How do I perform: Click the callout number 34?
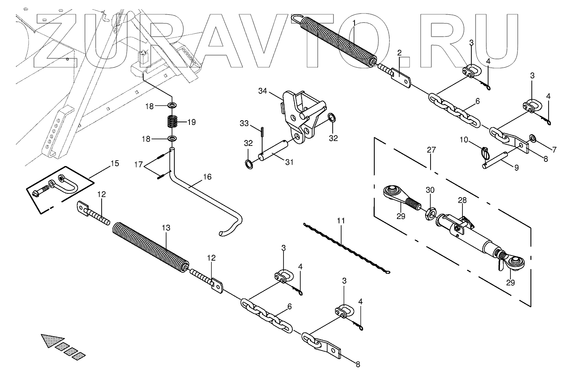(263, 91)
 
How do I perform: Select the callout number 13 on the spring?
(166, 227)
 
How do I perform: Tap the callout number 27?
(431, 150)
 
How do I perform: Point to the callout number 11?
(340, 220)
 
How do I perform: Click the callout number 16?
(207, 177)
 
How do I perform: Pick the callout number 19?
(192, 123)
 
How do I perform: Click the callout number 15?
(114, 163)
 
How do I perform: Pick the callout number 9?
(516, 167)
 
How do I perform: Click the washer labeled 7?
(533, 138)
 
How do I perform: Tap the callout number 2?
(399, 53)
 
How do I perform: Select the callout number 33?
(245, 124)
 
